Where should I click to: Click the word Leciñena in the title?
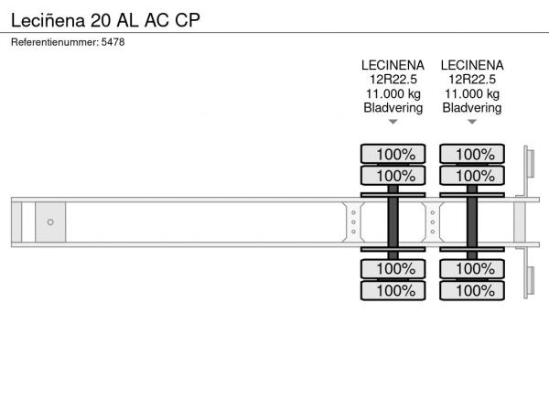48,20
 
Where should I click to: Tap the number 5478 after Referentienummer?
113,42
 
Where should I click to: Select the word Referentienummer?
55,42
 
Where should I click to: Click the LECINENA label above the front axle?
393,65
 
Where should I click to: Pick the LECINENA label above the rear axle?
472,65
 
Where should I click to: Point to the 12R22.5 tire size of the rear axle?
472,80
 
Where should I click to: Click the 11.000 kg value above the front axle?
393,94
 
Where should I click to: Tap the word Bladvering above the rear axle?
472,108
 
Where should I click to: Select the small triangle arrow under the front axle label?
393,122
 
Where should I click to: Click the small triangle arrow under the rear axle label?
472,122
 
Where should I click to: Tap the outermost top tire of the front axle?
393,154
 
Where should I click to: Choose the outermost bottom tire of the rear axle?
472,290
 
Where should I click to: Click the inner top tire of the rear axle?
472,176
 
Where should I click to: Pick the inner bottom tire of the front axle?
393,268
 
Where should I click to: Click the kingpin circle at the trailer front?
50,222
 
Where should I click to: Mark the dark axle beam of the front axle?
393,222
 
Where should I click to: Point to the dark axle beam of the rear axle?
472,222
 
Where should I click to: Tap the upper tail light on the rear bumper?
531,164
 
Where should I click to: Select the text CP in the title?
188,20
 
